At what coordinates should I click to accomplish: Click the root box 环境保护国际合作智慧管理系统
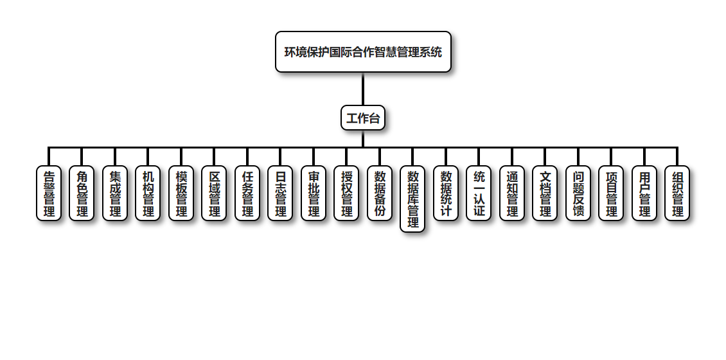pos(363,52)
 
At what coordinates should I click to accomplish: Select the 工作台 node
pos(363,118)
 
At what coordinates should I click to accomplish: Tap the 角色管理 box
pos(82,194)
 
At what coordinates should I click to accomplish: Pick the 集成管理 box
pos(115,194)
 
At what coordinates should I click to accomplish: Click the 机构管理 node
pos(148,194)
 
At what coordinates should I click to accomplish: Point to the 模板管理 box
pos(181,194)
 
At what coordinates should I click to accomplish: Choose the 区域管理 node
pos(214,194)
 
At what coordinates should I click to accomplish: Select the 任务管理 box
pos(247,194)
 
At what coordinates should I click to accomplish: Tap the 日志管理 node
pos(280,194)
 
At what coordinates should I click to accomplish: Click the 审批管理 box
pos(314,194)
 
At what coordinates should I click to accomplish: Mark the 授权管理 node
pos(346,194)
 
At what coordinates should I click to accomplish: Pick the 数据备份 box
pos(380,194)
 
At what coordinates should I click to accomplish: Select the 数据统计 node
pos(446,194)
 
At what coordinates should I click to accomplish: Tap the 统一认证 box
pos(479,194)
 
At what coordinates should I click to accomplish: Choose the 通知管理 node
pos(512,194)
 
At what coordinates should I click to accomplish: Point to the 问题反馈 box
pos(578,194)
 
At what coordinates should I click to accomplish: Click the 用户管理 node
pos(644,194)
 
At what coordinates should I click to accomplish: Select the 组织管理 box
pos(677,194)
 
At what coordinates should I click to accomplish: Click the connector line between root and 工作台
pos(363,89)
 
